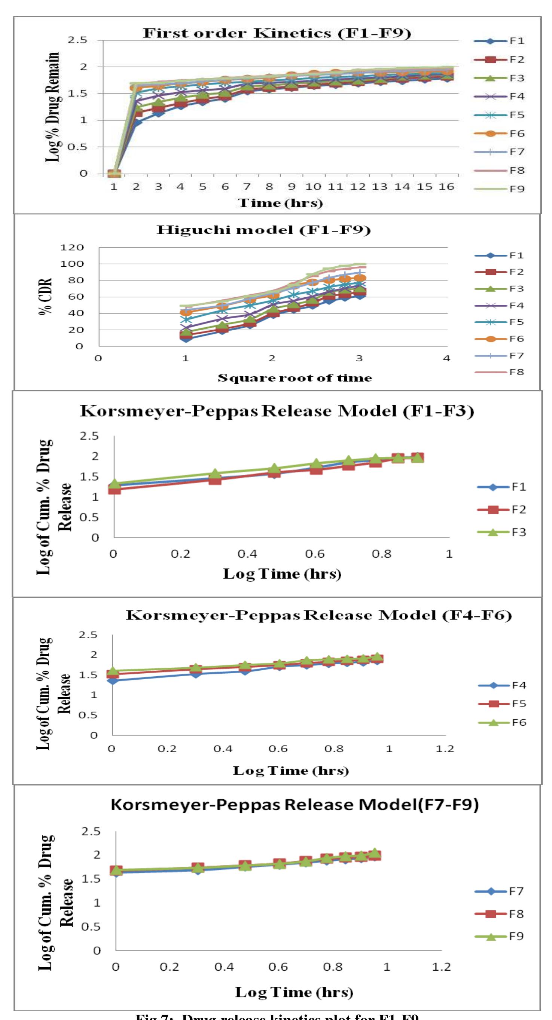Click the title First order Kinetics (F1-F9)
tap(277, 33)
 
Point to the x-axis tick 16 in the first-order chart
tap(446, 187)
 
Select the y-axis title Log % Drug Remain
tap(53, 107)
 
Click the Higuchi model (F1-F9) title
tap(263, 230)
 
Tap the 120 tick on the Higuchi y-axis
tap(72, 248)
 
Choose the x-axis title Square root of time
tap(295, 378)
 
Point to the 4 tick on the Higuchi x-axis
tap(446, 358)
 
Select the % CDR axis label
tap(46, 297)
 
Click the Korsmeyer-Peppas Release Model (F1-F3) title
tap(277, 411)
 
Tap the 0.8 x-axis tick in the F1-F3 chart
tap(382, 554)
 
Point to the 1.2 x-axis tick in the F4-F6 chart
tap(445, 749)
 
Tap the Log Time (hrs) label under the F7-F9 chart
tap(294, 992)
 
